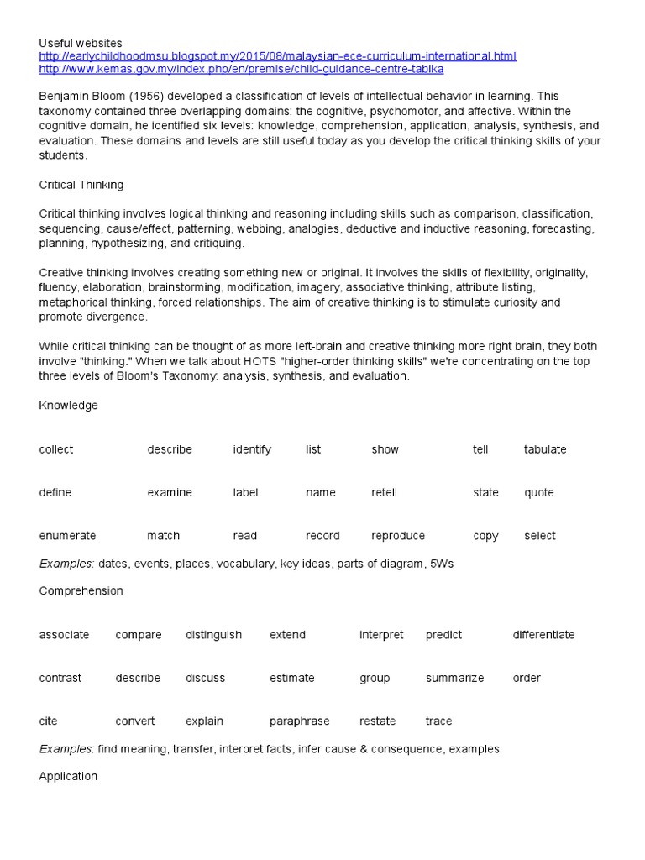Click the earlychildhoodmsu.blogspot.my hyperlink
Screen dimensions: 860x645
277,56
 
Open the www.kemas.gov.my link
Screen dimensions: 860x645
241,69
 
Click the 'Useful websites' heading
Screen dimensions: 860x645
81,43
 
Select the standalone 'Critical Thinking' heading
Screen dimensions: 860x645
81,184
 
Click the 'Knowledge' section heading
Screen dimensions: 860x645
68,406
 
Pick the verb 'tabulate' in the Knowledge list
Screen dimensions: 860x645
545,449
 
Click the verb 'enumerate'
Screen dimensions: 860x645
67,536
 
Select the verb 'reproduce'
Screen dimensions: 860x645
398,536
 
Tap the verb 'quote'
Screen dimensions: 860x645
539,493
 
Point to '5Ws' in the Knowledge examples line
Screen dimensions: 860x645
440,564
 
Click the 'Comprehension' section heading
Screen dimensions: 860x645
81,591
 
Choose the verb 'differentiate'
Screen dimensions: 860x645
543,635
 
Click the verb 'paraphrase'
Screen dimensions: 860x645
300,721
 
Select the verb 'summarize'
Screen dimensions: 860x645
454,679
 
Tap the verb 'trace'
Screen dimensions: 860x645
438,721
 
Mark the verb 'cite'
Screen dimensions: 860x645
48,721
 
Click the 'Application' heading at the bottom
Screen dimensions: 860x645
68,776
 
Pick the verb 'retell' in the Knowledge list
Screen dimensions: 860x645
385,493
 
